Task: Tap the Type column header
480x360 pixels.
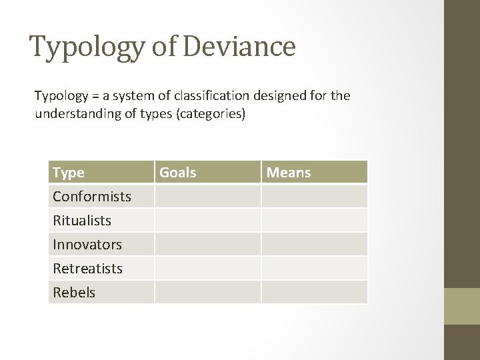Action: (x=69, y=173)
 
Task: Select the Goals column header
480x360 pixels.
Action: (x=178, y=173)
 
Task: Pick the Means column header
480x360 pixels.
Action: (x=289, y=173)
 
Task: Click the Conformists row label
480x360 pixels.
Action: (x=92, y=197)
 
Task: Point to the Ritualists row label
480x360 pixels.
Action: (x=82, y=221)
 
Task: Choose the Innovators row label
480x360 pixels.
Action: (x=87, y=245)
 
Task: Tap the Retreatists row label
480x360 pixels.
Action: (x=88, y=268)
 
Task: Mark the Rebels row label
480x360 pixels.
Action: (x=74, y=292)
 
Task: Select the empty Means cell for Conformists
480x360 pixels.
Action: (x=314, y=197)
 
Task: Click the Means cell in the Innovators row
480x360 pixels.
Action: (x=314, y=245)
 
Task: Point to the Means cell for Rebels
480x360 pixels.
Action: (x=314, y=292)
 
